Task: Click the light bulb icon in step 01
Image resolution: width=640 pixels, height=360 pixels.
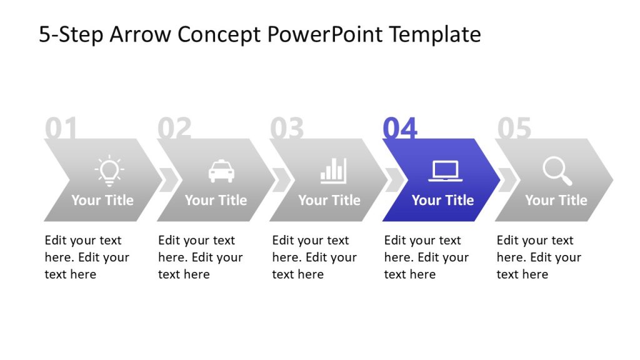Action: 109,171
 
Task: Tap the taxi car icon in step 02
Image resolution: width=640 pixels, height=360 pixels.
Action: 221,171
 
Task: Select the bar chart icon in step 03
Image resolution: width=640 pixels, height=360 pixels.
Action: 333,171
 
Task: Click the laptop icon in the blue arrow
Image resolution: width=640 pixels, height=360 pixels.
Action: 446,171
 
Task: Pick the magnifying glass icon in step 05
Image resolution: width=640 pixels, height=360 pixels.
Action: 557,171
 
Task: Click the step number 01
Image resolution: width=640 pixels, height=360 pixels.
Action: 61,129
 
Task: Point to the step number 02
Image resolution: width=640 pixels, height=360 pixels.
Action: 174,129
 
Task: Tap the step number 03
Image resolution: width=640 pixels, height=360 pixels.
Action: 287,129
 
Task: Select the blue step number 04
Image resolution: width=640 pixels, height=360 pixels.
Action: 400,129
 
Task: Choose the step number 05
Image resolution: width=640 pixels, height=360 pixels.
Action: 514,129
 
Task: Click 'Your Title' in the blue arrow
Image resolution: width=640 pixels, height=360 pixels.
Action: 442,201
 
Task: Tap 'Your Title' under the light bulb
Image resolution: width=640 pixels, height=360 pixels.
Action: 102,201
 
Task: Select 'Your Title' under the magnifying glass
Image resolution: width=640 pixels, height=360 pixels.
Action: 556,201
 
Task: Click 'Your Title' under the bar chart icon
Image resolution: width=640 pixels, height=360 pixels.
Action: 329,201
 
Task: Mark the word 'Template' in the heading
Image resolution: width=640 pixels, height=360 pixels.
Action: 435,34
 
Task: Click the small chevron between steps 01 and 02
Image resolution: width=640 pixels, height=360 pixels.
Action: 169,180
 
